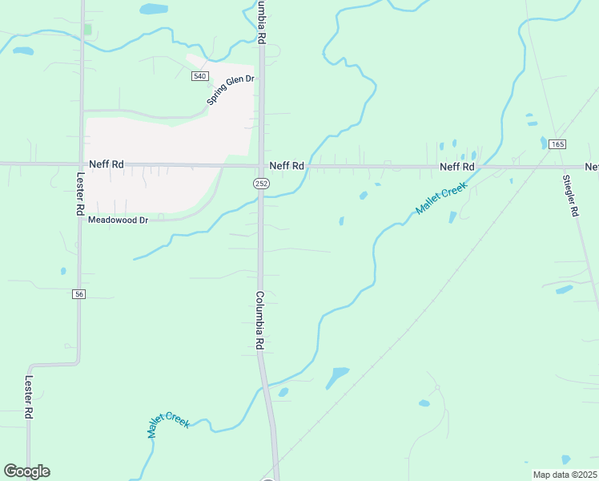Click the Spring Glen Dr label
click(230, 90)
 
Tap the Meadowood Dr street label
click(119, 220)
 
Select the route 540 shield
click(199, 76)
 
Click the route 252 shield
click(262, 184)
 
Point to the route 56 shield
click(78, 294)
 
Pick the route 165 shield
click(558, 143)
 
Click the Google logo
click(26, 471)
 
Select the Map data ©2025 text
click(565, 475)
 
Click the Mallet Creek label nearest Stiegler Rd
click(440, 198)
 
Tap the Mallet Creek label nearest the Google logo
click(168, 423)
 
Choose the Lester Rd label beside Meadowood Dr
click(80, 193)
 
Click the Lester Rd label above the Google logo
click(28, 397)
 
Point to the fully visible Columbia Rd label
click(259, 320)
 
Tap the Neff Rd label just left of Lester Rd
click(107, 164)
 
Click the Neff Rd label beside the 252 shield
click(287, 166)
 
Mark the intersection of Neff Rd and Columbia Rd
click(261, 166)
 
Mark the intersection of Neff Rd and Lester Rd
click(81, 164)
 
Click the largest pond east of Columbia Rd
click(337, 376)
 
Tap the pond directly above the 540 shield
click(153, 10)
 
